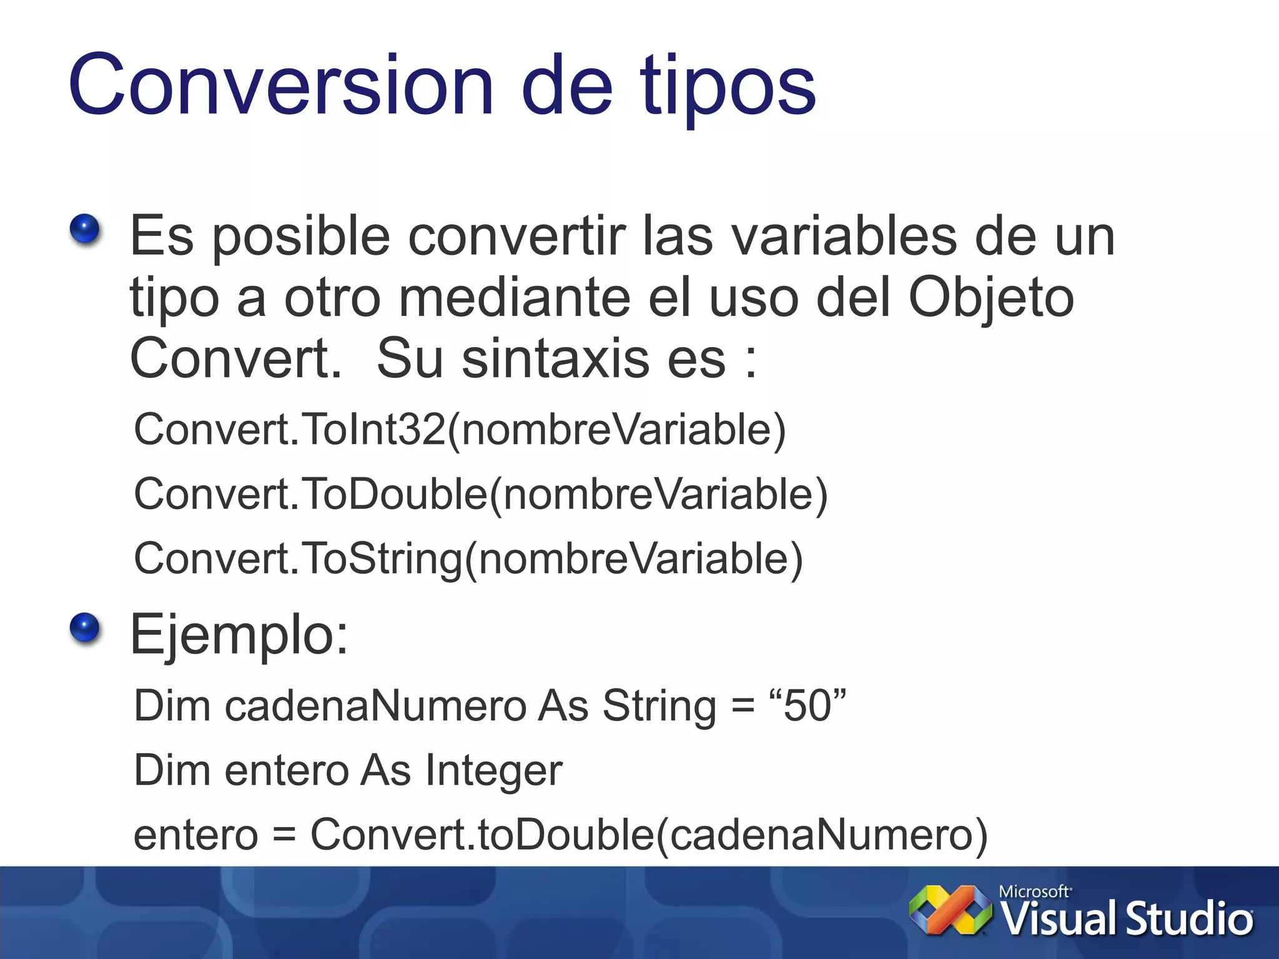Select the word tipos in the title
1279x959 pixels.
coord(728,87)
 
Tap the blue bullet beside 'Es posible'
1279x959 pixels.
coord(85,229)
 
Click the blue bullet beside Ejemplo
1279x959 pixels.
coord(85,627)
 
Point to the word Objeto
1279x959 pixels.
coord(991,298)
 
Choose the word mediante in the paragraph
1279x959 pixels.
coord(514,297)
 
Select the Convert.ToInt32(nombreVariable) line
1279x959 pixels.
coord(460,430)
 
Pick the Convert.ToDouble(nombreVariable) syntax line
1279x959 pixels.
coord(480,494)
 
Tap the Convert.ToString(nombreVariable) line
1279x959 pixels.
coord(468,558)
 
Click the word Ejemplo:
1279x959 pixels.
coord(239,635)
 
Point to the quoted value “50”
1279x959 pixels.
coord(807,706)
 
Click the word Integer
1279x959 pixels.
coord(493,771)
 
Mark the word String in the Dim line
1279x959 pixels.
coord(659,707)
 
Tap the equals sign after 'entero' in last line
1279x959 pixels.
coord(284,835)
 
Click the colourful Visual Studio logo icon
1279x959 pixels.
coord(950,910)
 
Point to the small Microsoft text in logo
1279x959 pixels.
coord(1034,892)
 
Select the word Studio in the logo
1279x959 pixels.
coord(1189,919)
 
